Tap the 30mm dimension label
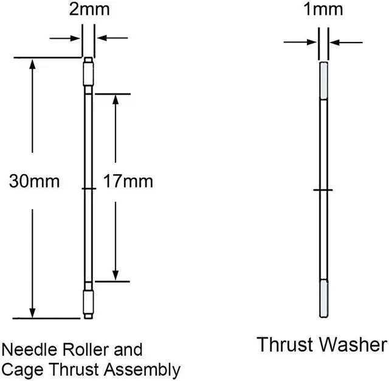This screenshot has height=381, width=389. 34,181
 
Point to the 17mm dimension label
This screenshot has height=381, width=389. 128,181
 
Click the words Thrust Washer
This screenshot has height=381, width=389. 322,345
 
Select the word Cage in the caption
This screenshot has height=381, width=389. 21,369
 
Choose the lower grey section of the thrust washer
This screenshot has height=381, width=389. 324,298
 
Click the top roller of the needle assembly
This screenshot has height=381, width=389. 88,73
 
